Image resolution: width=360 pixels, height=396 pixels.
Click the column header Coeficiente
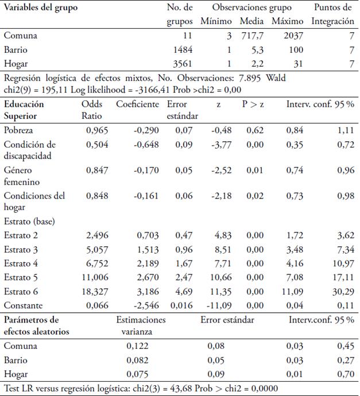137,104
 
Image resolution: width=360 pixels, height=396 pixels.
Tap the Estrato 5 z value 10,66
221,278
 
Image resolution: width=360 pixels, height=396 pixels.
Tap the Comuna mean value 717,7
253,36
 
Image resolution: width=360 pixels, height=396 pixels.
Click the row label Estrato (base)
28,220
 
